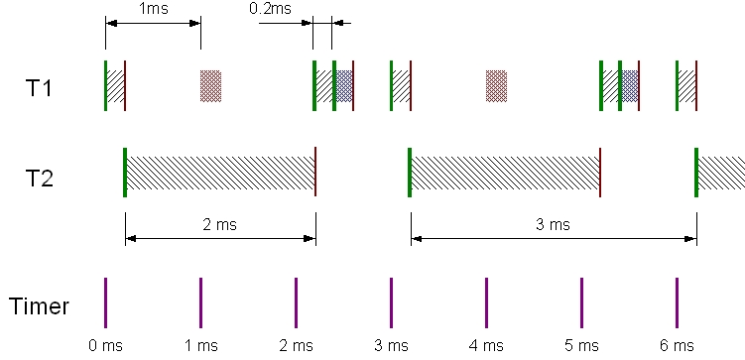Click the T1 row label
tap(39, 88)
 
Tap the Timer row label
tap(40, 306)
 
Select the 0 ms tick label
tap(105, 345)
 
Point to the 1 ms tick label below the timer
tap(200, 345)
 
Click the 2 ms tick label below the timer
tap(296, 345)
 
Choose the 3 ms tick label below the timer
tap(391, 345)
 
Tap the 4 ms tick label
tap(486, 345)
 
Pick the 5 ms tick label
tap(581, 345)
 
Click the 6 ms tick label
tap(677, 345)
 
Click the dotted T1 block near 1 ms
tap(210, 85)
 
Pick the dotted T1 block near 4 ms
tap(496, 85)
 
